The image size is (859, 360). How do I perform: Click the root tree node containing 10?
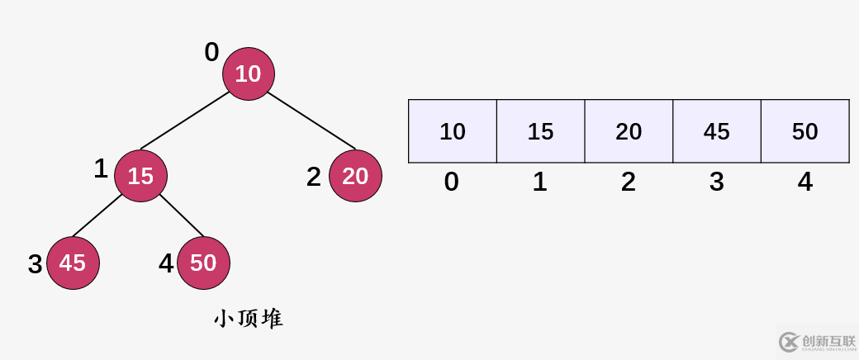pyautogui.click(x=248, y=74)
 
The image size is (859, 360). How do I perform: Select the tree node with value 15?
pyautogui.click(x=140, y=176)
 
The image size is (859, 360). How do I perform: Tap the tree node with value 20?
pyautogui.click(x=355, y=176)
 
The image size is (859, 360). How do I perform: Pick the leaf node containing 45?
pyautogui.click(x=73, y=263)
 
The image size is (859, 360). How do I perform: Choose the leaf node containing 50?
pyautogui.click(x=203, y=263)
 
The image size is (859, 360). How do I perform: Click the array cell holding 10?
pyautogui.click(x=453, y=131)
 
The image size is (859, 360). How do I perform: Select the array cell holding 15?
pyautogui.click(x=540, y=131)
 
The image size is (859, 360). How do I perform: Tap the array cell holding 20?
pyautogui.click(x=629, y=131)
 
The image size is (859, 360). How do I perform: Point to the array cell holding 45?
pyautogui.click(x=716, y=131)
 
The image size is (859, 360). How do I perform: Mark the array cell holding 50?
pyautogui.click(x=804, y=131)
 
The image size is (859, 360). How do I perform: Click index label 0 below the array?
pyautogui.click(x=451, y=182)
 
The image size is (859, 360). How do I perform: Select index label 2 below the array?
pyautogui.click(x=629, y=182)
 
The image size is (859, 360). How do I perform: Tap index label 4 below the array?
pyautogui.click(x=805, y=182)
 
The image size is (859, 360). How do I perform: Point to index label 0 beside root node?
pyautogui.click(x=211, y=53)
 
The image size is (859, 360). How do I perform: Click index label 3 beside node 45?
pyautogui.click(x=35, y=264)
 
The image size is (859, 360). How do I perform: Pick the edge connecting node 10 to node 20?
pyautogui.click(x=311, y=121)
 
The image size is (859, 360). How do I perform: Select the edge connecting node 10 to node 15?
pyautogui.click(x=186, y=122)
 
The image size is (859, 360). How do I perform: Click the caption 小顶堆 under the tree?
pyautogui.click(x=249, y=319)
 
